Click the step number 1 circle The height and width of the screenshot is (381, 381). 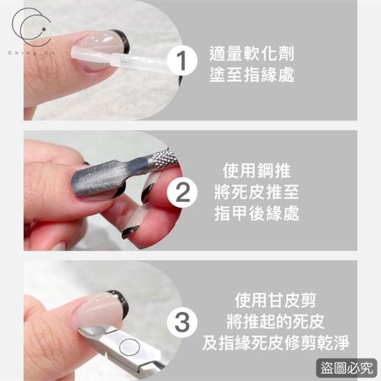pos(182,61)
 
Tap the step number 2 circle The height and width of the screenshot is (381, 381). pos(182,193)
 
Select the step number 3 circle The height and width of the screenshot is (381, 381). pos(182,323)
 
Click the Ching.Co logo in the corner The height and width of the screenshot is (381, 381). pos(32,31)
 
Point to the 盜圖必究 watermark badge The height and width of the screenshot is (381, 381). pos(346,368)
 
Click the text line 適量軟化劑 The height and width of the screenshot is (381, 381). pos(252,54)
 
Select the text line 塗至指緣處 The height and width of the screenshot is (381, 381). pos(252,74)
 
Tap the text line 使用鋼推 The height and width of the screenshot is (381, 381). pos(257,171)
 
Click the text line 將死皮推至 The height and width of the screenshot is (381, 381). pos(257,192)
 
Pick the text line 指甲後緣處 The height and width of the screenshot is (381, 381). pos(257,213)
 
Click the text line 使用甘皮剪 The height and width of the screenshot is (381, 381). pos(275,301)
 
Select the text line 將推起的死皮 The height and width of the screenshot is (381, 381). pos(275,321)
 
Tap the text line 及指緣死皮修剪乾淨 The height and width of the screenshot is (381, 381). pos(275,343)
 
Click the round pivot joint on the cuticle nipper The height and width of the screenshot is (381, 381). pos(130,346)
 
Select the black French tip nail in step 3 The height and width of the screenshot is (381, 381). pos(118,301)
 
